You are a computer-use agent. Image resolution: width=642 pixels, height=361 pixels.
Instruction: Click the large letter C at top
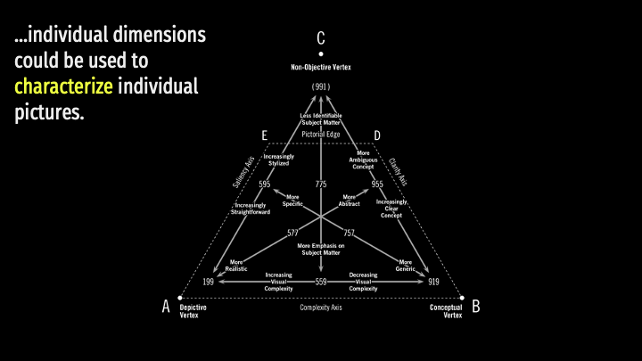(x=321, y=38)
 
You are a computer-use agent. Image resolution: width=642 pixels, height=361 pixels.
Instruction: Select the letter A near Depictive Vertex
(x=166, y=307)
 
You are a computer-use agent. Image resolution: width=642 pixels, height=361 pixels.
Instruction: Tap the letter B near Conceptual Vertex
(x=475, y=307)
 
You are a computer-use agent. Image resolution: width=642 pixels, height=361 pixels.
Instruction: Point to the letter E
(x=265, y=135)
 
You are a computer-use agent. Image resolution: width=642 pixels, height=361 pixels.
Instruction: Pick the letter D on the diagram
(x=377, y=135)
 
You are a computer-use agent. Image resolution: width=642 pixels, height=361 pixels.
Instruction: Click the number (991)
(x=321, y=86)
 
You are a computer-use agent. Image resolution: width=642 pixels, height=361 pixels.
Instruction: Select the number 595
(x=265, y=184)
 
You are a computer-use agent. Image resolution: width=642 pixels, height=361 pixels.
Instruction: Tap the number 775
(x=321, y=184)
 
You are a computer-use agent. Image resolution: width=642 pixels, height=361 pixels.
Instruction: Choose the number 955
(x=377, y=184)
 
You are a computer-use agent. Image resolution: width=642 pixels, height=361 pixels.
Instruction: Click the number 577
(x=292, y=233)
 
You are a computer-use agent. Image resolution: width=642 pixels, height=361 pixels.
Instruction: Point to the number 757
(x=349, y=233)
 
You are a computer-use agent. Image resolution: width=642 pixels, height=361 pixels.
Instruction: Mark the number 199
(x=209, y=282)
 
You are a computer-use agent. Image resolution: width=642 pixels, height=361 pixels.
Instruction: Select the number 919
(x=433, y=282)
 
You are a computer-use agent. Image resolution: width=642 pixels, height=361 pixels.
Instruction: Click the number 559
(x=321, y=282)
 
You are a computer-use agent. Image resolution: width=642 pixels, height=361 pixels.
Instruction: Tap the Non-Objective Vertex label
(x=321, y=67)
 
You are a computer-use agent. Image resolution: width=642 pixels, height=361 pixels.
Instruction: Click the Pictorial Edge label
(x=321, y=135)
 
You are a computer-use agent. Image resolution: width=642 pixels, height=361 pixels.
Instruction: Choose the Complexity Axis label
(x=321, y=307)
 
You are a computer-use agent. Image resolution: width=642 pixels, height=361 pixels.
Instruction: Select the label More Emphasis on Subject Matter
(x=321, y=249)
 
